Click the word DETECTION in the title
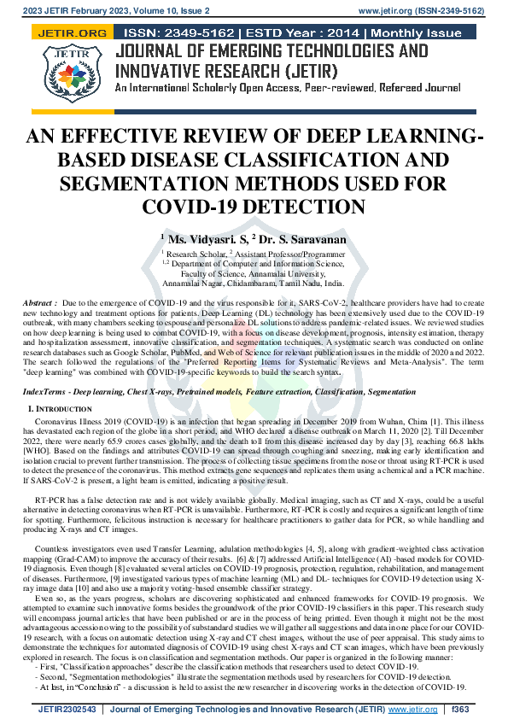coord(303,206)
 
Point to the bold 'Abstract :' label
coord(41,303)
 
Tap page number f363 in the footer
coord(461,709)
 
